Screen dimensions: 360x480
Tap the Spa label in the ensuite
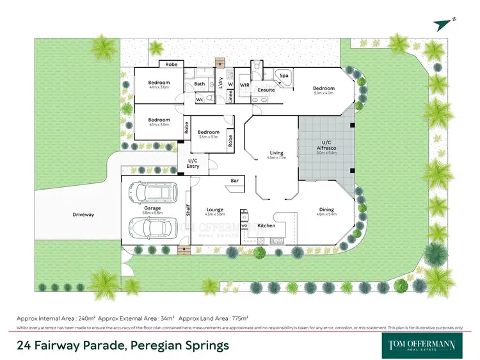(x=284, y=76)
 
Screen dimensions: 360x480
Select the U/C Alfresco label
(x=326, y=147)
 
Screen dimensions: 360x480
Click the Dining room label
(x=326, y=212)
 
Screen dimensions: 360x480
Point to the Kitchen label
(x=266, y=225)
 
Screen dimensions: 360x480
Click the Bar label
(x=234, y=181)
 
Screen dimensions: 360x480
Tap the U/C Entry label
(x=193, y=163)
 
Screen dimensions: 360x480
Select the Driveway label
(x=83, y=215)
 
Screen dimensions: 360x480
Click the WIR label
(x=244, y=85)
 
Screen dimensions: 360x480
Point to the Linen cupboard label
(x=231, y=96)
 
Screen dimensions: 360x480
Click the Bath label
(x=200, y=84)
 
